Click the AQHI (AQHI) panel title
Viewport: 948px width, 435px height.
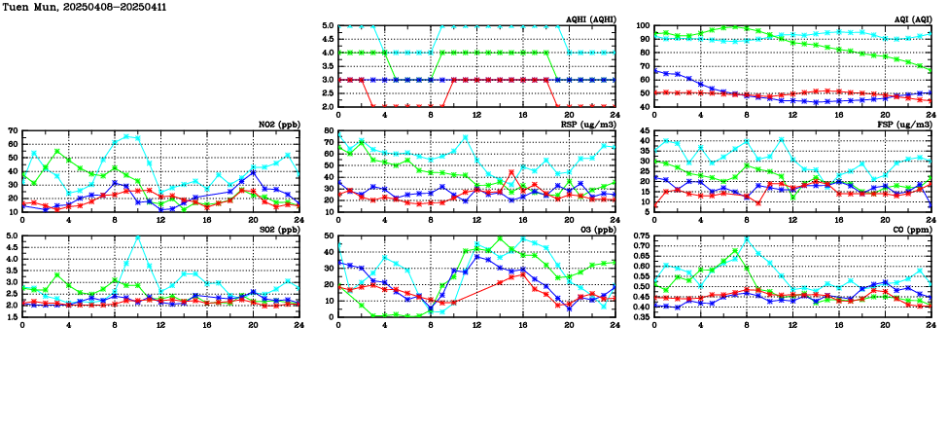click(588, 19)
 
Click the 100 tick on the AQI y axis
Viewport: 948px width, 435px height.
click(642, 26)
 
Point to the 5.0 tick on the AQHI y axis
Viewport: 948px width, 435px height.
click(328, 26)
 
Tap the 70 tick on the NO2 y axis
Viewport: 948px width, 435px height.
click(13, 130)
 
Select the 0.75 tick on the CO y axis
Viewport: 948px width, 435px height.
click(640, 236)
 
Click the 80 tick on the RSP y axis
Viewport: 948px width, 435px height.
click(329, 130)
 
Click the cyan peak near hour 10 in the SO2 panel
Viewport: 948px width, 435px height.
click(137, 236)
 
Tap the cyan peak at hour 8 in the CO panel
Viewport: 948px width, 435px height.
click(747, 238)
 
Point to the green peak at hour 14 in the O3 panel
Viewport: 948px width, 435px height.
click(500, 238)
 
